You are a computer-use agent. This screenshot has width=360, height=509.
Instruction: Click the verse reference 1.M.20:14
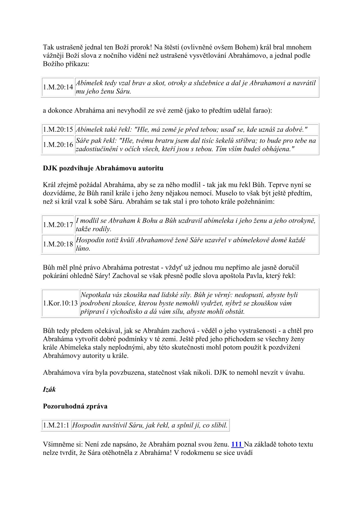58,87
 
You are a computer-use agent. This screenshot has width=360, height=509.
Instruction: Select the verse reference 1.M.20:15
58,130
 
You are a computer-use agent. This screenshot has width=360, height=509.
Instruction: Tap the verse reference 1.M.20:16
58,145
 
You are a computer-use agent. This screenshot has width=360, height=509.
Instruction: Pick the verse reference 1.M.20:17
58,225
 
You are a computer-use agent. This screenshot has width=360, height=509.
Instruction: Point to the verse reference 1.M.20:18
58,244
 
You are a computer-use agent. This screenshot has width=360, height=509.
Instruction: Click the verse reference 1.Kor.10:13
60,303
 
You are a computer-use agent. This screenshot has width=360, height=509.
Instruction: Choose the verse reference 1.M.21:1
56,426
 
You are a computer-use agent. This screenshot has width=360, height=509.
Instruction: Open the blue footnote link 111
237,445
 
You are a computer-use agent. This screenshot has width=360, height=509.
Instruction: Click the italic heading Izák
49,390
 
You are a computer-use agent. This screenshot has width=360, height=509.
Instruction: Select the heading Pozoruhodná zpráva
75,406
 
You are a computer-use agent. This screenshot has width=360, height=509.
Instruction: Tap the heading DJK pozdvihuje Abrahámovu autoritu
103,168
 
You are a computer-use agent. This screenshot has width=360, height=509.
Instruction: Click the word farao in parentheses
262,111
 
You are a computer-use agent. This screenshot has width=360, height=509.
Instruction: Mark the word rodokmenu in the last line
198,453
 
